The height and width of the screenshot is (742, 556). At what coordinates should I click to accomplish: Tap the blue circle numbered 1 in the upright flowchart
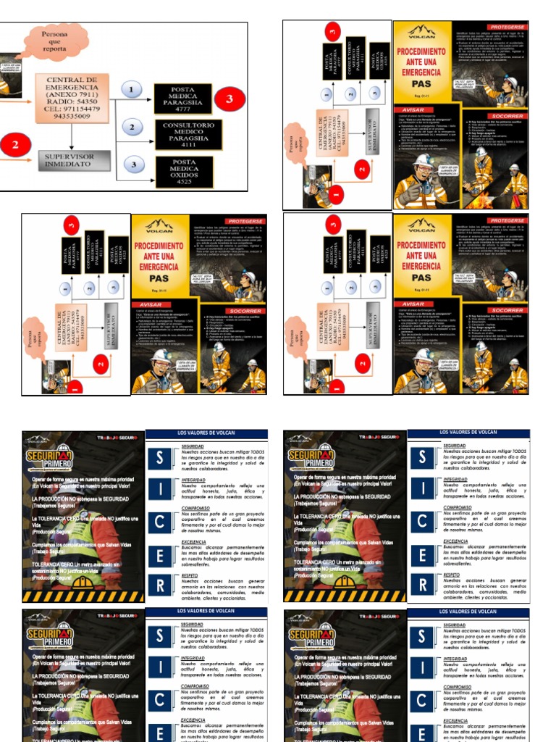click(x=131, y=89)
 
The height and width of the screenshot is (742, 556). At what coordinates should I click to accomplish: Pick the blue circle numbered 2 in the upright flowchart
click(x=131, y=128)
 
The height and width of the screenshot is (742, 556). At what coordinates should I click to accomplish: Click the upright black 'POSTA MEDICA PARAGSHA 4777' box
click(x=182, y=98)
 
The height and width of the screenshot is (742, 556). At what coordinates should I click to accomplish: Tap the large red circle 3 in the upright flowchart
click(x=229, y=98)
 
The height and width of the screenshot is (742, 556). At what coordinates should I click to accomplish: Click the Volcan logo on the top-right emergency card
click(x=421, y=32)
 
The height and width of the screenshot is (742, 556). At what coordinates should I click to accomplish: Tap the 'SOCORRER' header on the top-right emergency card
click(x=507, y=115)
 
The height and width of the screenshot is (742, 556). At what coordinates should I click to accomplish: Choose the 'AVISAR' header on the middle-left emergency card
click(x=151, y=304)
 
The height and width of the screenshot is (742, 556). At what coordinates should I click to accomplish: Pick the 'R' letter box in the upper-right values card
click(x=422, y=585)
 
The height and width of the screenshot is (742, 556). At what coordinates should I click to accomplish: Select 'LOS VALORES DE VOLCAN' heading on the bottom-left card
click(x=206, y=612)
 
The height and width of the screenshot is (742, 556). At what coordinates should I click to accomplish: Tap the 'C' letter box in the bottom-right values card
click(x=422, y=701)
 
